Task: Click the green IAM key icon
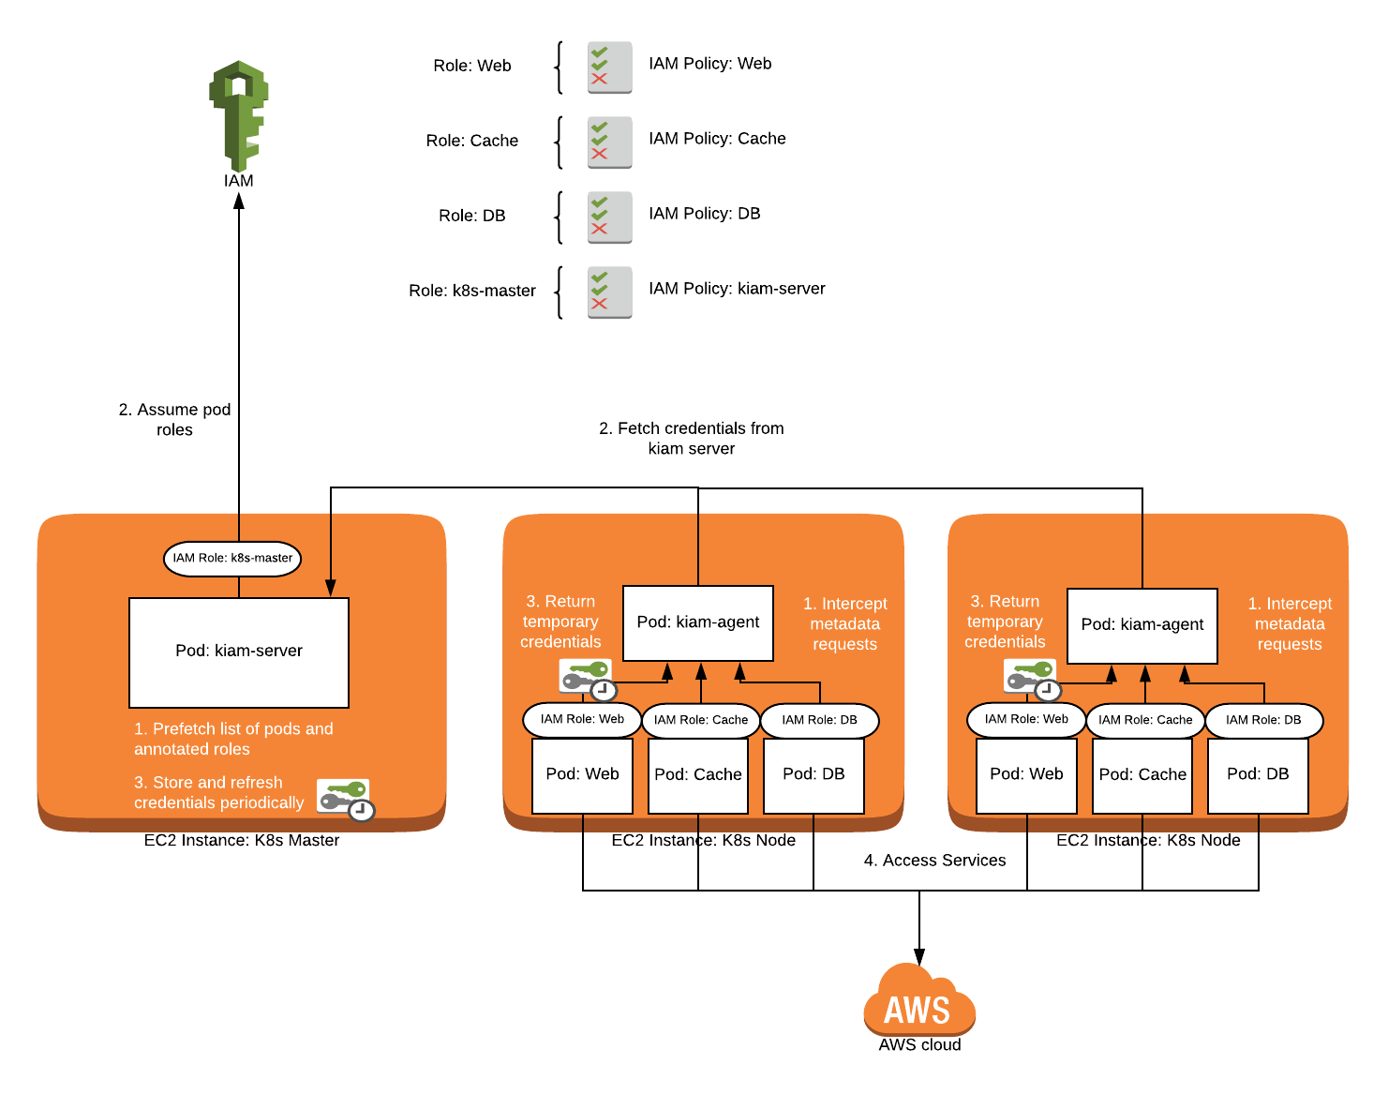click(239, 114)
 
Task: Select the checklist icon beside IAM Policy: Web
click(609, 67)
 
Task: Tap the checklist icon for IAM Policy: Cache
click(609, 142)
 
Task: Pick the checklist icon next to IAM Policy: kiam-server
click(609, 292)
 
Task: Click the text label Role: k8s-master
click(472, 291)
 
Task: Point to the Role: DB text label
click(472, 216)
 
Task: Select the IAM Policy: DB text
click(704, 214)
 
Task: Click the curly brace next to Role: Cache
click(559, 142)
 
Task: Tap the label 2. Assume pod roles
click(175, 420)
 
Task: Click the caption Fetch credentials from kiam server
click(692, 438)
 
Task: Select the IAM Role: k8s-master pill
click(232, 558)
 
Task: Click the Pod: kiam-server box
click(239, 652)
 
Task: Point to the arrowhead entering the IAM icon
click(239, 200)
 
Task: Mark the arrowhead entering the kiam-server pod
click(330, 588)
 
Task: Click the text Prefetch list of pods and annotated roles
click(233, 739)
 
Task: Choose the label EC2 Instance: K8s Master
click(242, 840)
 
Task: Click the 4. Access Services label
click(934, 861)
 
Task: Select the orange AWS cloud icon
click(919, 1000)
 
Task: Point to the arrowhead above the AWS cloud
click(919, 957)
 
